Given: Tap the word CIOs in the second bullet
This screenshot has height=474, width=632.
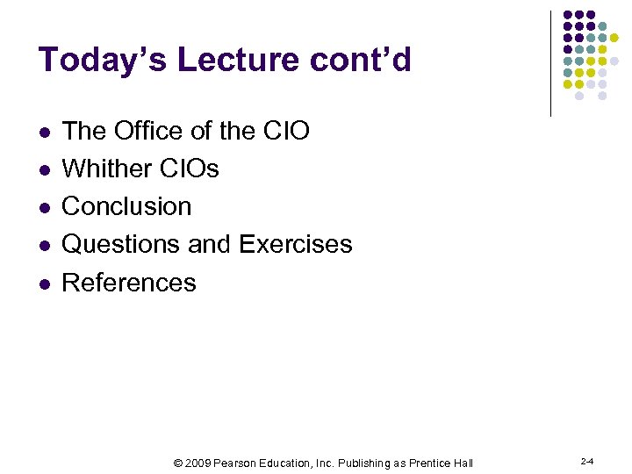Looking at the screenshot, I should click(190, 169).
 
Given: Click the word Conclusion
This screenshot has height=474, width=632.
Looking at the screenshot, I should click(126, 206).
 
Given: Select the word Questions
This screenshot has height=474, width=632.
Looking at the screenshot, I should click(121, 244).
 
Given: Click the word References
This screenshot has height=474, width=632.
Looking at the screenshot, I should click(129, 283).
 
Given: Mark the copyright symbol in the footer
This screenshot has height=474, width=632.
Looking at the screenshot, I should click(178, 463).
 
